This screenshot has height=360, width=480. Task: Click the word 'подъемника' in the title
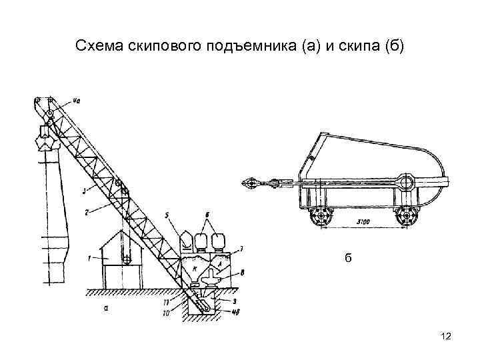pyautogui.click(x=244, y=47)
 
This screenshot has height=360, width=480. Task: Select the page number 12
pyautogui.click(x=446, y=338)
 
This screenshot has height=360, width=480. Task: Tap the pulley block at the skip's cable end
pyautogui.click(x=249, y=181)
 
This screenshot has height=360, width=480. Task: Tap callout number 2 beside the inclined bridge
pyautogui.click(x=87, y=212)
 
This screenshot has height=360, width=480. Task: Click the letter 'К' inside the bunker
pyautogui.click(x=195, y=268)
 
